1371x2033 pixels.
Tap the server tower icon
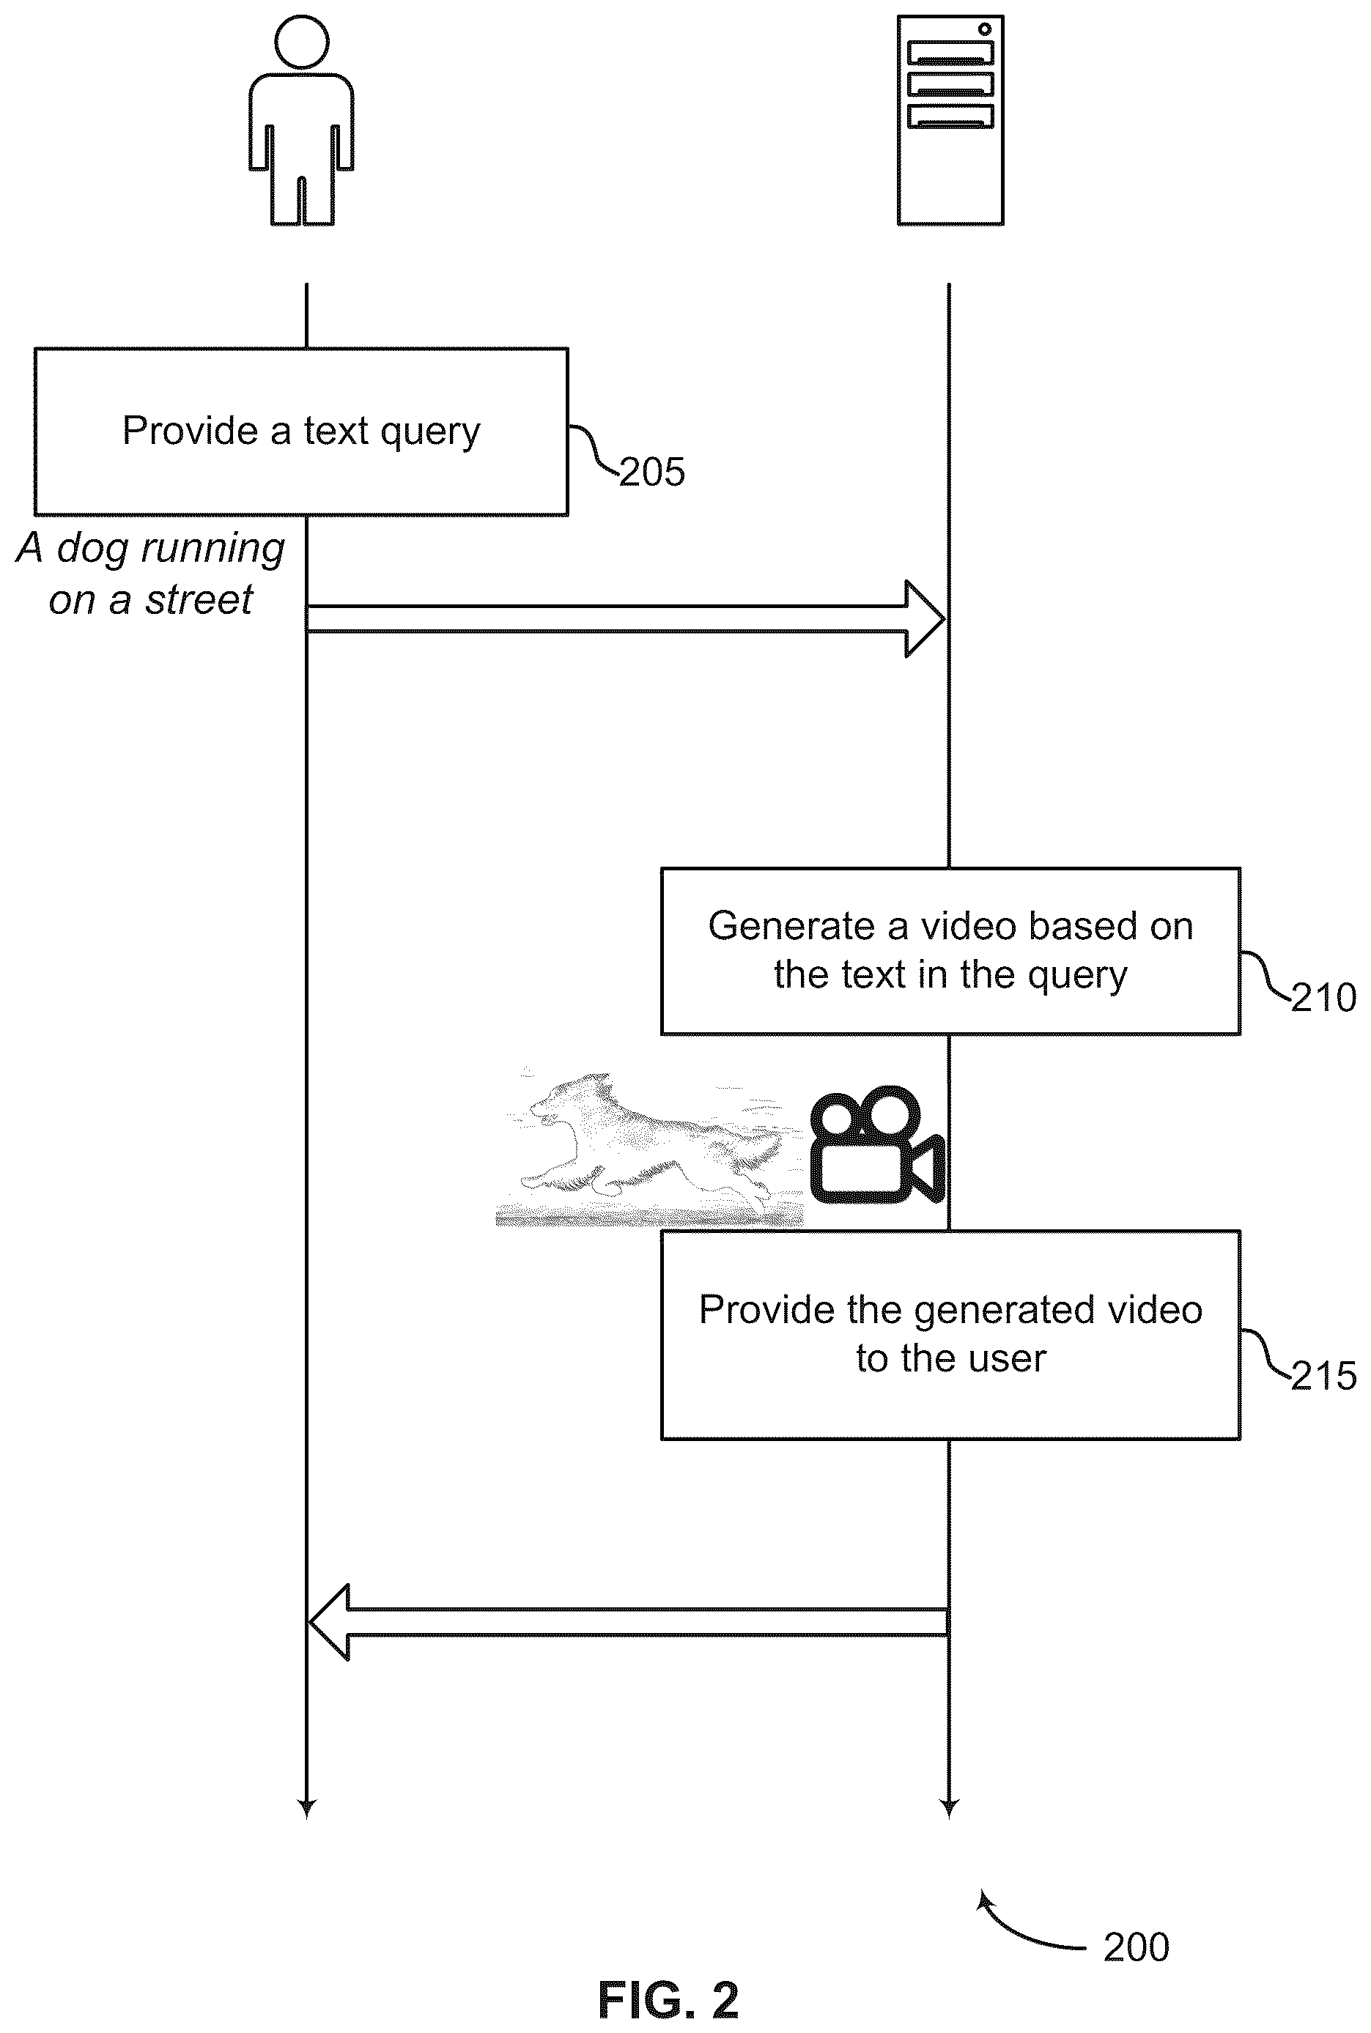950,119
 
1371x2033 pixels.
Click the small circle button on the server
985,29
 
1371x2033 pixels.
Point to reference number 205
652,473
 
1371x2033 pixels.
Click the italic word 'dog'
94,549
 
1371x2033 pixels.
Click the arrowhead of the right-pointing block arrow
925,619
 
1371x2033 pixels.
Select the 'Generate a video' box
950,951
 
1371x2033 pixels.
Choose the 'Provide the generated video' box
950,1335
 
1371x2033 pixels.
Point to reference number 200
1136,1947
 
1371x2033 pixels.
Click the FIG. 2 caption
668,2000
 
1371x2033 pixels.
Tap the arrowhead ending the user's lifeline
306,1808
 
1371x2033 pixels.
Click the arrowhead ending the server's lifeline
950,1808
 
